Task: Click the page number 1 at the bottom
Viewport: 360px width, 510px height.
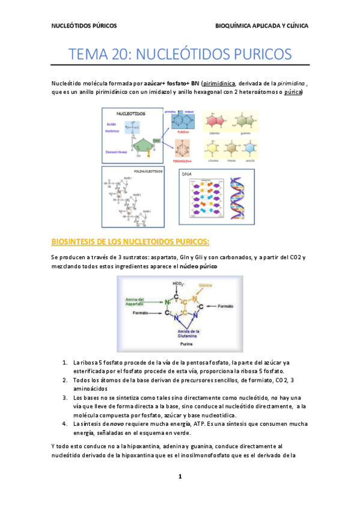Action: (x=179, y=477)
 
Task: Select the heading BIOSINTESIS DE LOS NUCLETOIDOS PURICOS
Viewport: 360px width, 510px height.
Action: (x=130, y=242)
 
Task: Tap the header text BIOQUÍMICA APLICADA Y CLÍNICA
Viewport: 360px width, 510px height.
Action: (x=262, y=26)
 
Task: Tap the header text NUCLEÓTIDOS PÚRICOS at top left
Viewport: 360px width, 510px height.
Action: (x=84, y=26)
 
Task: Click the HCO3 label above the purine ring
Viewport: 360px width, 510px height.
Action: (x=178, y=284)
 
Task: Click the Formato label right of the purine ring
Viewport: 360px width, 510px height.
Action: (x=225, y=306)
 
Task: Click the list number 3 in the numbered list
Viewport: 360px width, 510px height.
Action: (x=64, y=398)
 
